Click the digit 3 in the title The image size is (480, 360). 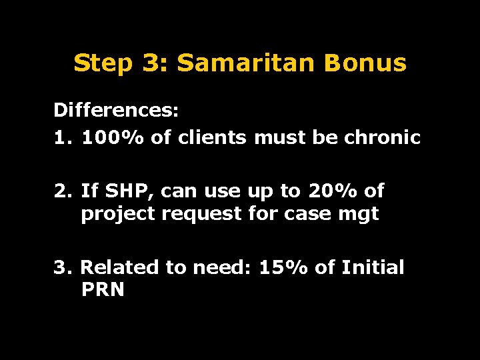point(149,63)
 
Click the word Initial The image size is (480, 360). point(373,267)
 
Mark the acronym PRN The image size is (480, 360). point(103,290)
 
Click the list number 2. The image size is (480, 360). point(62,192)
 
